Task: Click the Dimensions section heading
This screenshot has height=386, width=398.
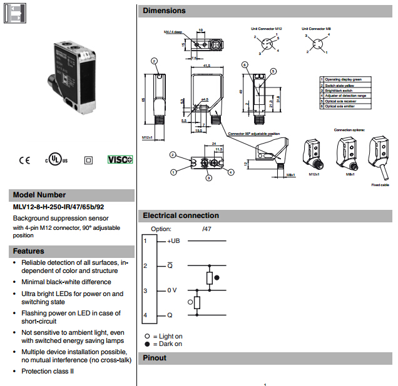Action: tap(164, 11)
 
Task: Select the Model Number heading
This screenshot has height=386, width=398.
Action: tap(39, 194)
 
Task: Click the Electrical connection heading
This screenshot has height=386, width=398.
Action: tap(181, 215)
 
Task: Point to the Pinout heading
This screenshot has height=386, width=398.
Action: tap(155, 358)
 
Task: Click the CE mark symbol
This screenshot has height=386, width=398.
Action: tap(24, 160)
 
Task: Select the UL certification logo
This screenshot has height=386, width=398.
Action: tap(56, 159)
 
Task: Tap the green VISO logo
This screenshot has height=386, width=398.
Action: tap(120, 160)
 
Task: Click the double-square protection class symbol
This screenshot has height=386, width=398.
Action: tap(88, 160)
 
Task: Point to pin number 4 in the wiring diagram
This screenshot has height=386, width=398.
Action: tap(145, 316)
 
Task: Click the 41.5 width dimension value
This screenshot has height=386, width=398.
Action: tap(207, 65)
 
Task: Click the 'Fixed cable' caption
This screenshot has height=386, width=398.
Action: tap(380, 185)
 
